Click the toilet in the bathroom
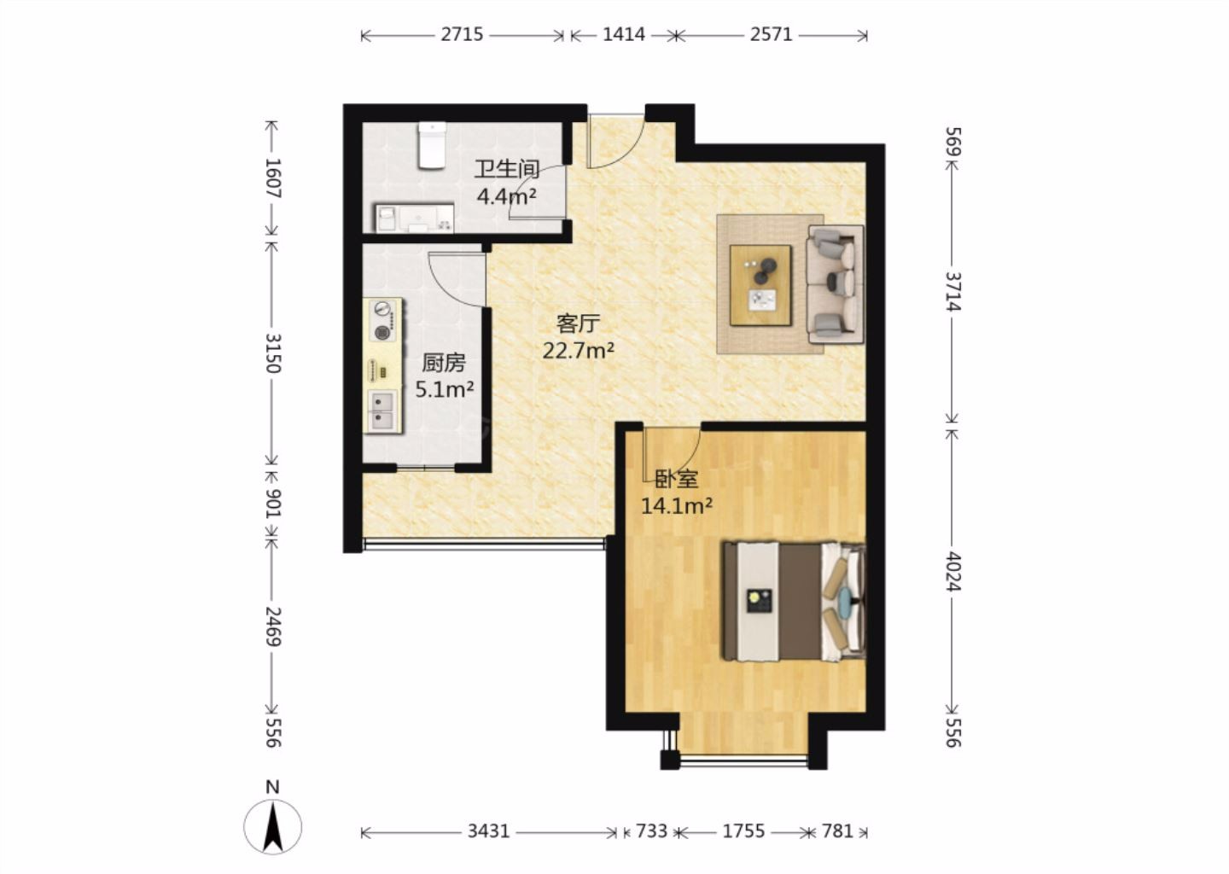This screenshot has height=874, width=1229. pos(432,145)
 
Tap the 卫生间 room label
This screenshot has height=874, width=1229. pos(506,170)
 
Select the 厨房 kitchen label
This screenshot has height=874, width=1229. pos(444,363)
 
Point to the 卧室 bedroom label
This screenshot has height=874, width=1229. pos(677,480)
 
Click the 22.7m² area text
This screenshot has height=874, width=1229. pos(579,350)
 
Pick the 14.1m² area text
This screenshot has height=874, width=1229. pos(677,506)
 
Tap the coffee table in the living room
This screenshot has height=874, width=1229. pos(760,286)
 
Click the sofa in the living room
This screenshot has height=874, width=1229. pos(835,285)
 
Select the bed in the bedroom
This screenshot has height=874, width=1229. pos(794,602)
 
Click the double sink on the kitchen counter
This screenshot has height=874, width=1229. pos(382,411)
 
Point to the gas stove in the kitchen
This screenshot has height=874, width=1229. pos(383,321)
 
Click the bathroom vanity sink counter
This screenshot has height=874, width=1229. pos(414,218)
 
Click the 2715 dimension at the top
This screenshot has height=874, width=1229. pos(462,35)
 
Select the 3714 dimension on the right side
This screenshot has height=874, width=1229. pos(953,292)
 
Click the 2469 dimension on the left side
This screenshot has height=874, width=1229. pos(273,626)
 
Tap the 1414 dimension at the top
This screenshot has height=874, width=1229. pos(624,35)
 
